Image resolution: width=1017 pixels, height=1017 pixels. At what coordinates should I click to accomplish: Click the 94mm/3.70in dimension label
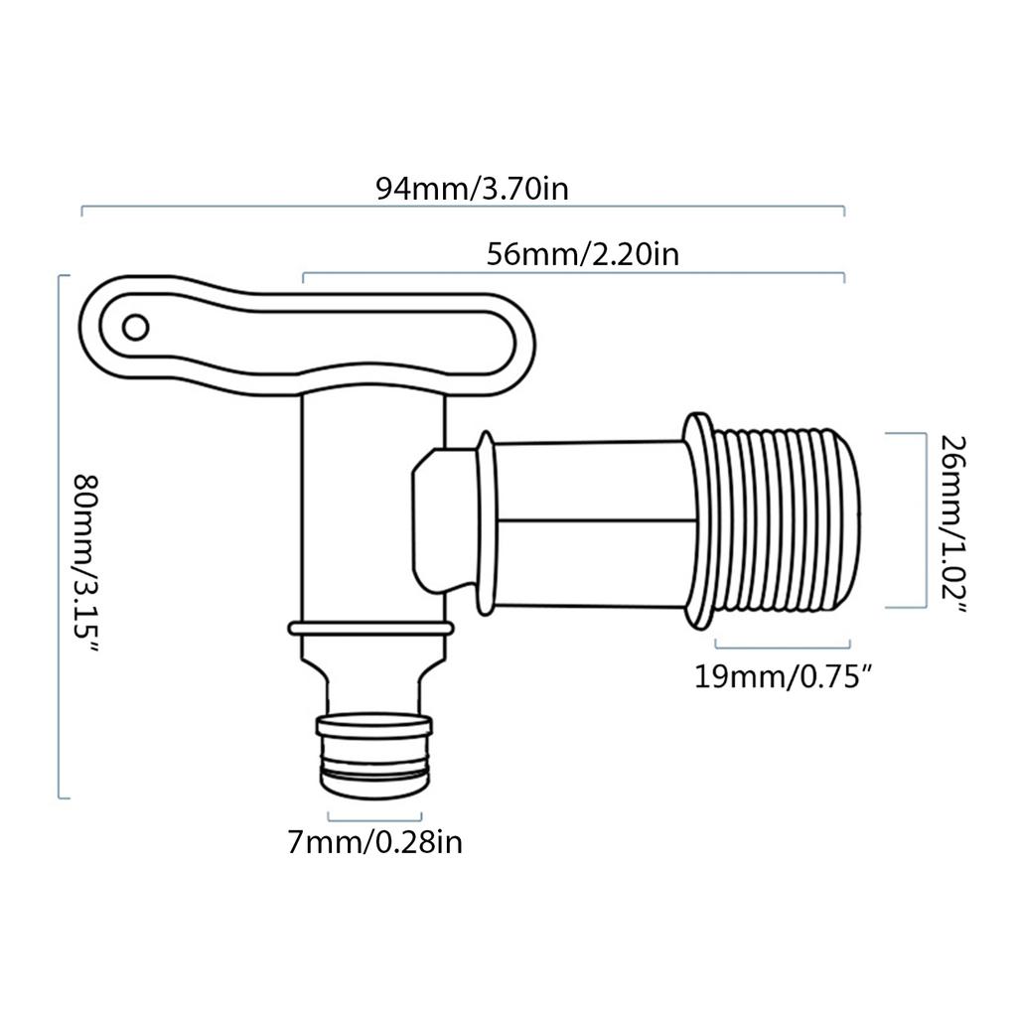(x=472, y=188)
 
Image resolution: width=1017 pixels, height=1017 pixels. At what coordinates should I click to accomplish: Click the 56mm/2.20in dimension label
(x=583, y=254)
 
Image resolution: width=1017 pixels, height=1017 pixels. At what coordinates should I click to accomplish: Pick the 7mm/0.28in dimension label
(x=375, y=843)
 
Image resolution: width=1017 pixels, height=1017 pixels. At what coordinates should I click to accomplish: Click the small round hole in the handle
(x=135, y=326)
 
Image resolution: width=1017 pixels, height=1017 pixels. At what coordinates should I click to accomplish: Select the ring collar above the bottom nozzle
(x=370, y=628)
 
